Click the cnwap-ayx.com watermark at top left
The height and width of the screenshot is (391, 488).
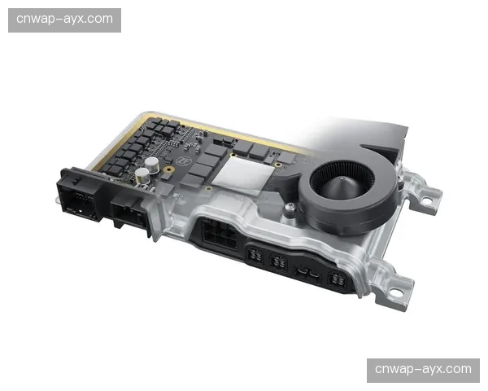tap(64, 20)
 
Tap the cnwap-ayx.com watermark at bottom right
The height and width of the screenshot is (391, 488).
tap(423, 369)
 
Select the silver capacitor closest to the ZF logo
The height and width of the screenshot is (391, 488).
tap(152, 165)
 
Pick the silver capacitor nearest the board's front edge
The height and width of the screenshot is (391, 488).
tap(142, 176)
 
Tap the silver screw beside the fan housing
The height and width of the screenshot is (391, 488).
tap(290, 206)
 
